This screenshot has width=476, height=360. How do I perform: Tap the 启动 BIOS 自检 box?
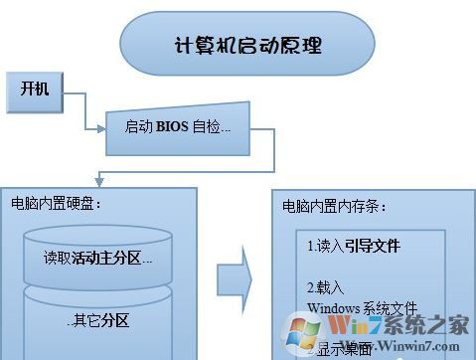click(x=178, y=127)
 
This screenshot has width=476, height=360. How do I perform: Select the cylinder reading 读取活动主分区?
click(x=97, y=258)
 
